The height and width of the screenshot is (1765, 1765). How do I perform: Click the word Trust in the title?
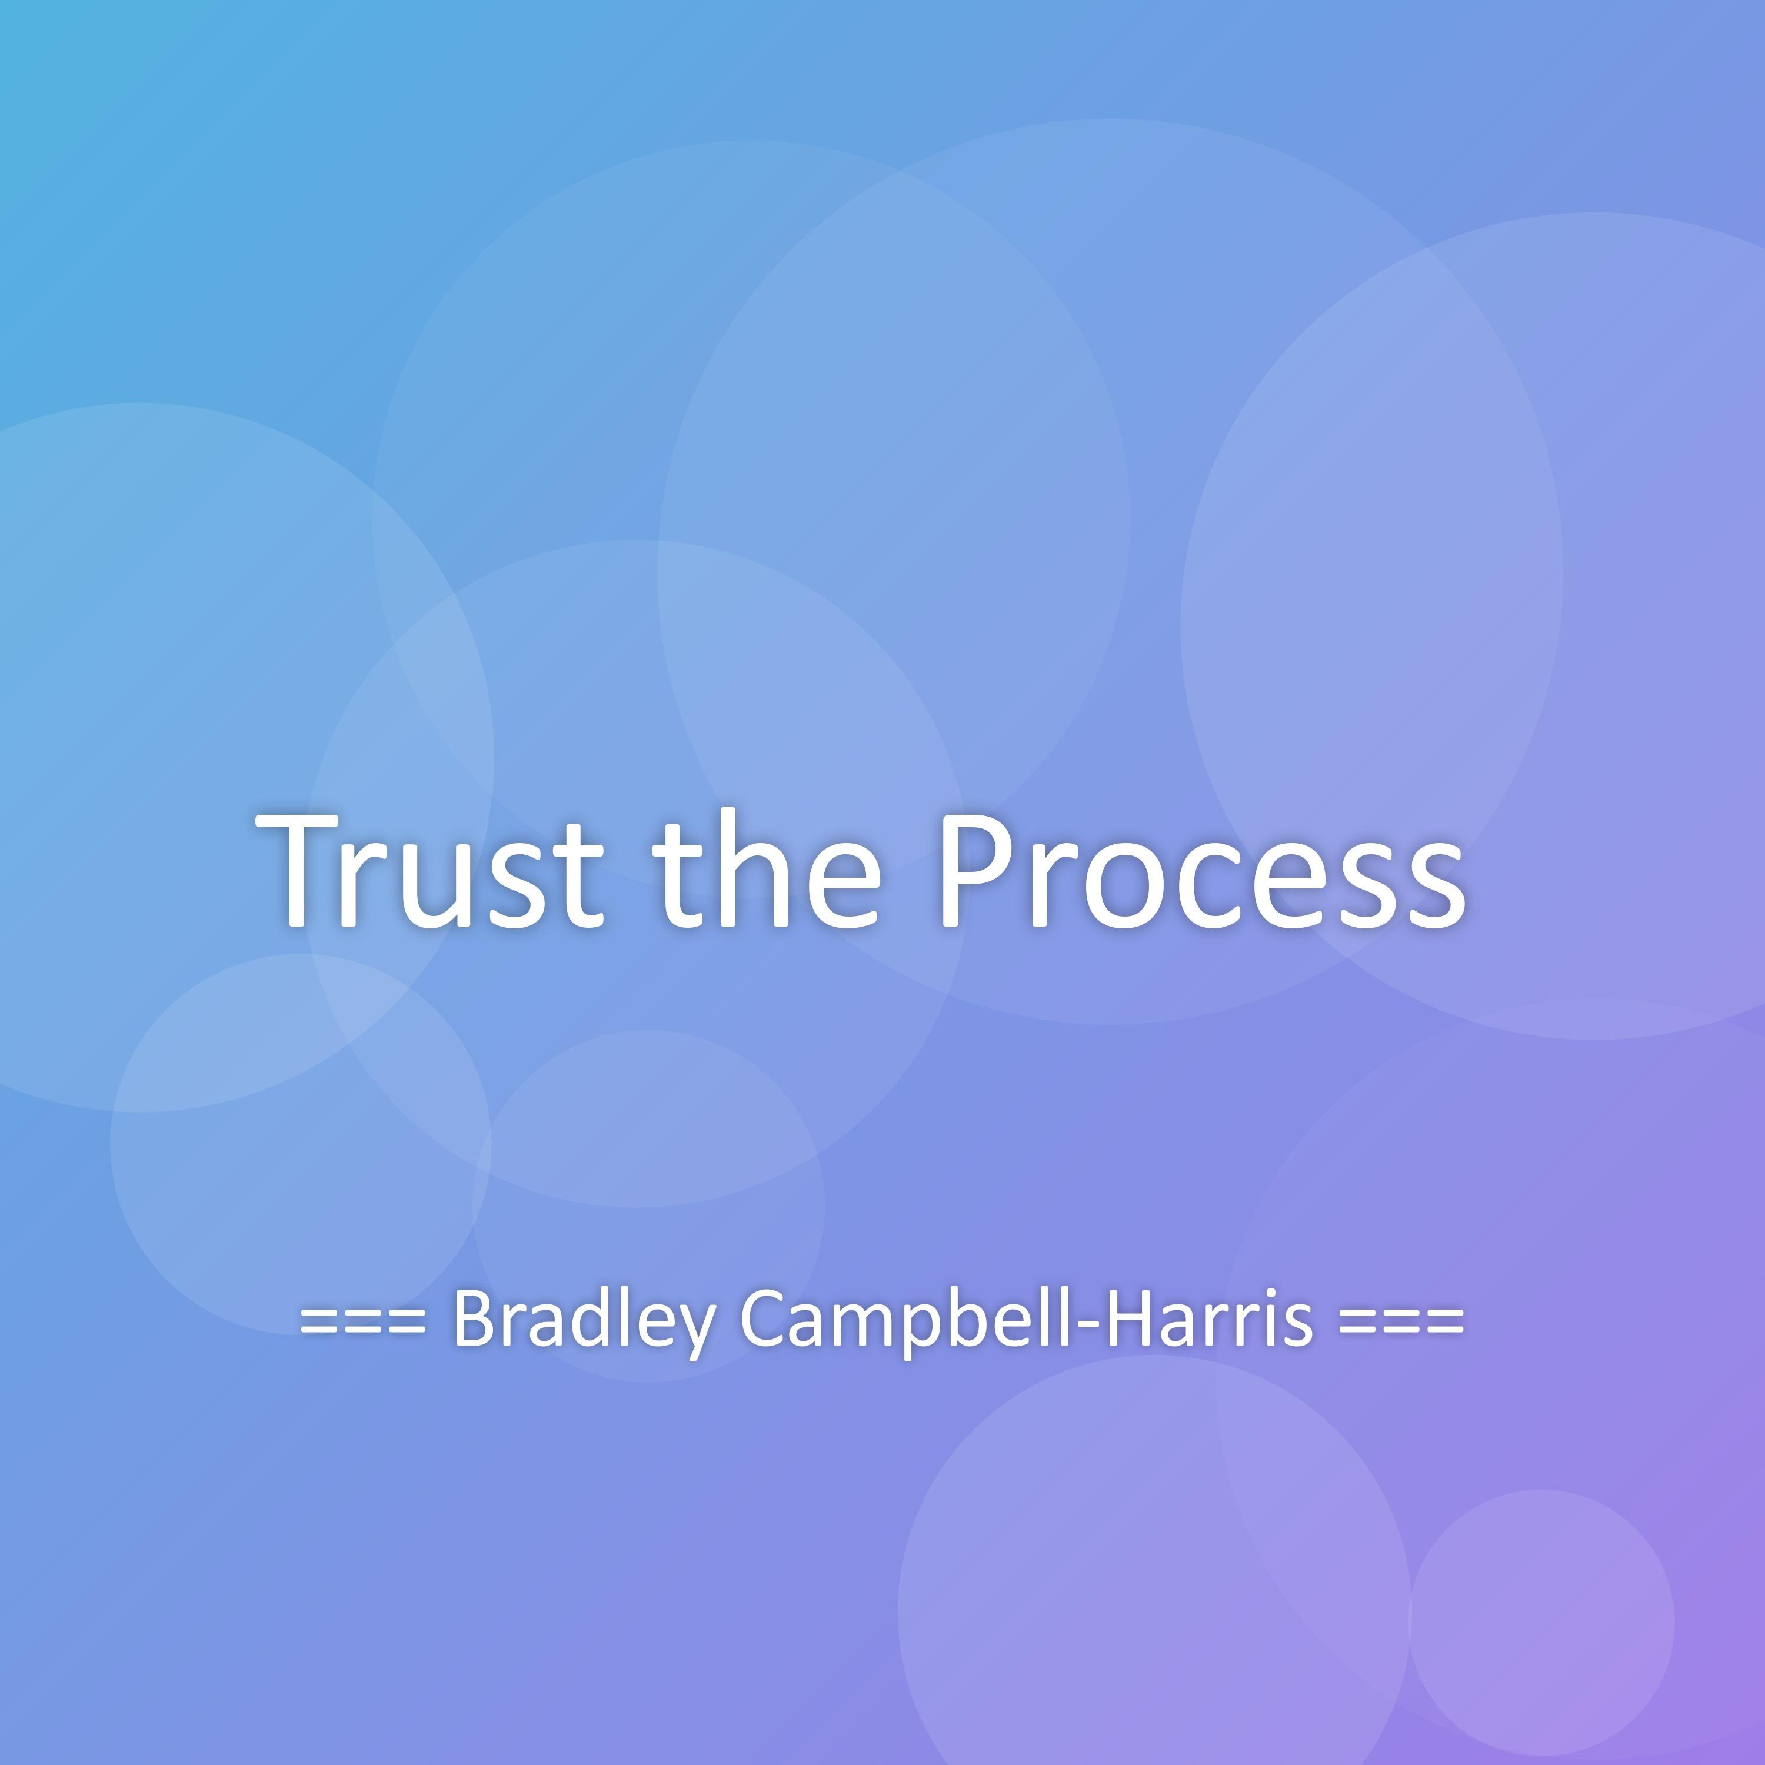tap(429, 869)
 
